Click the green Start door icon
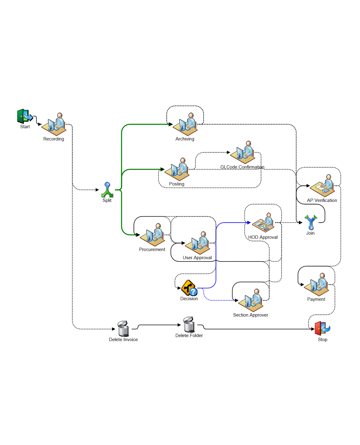click(x=24, y=117)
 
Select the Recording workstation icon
click(x=54, y=124)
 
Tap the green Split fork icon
click(x=107, y=190)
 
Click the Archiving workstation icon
click(x=186, y=124)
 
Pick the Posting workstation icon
click(x=177, y=169)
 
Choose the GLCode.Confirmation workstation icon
click(x=243, y=153)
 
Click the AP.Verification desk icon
click(x=323, y=186)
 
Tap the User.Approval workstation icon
click(x=198, y=243)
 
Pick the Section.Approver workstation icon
click(x=251, y=300)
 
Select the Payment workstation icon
click(x=317, y=285)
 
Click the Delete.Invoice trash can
click(x=123, y=329)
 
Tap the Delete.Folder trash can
click(x=189, y=325)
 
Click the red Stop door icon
click(x=322, y=329)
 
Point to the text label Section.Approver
click(x=251, y=315)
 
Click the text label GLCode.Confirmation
click(x=242, y=167)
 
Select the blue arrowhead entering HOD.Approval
click(x=249, y=223)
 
